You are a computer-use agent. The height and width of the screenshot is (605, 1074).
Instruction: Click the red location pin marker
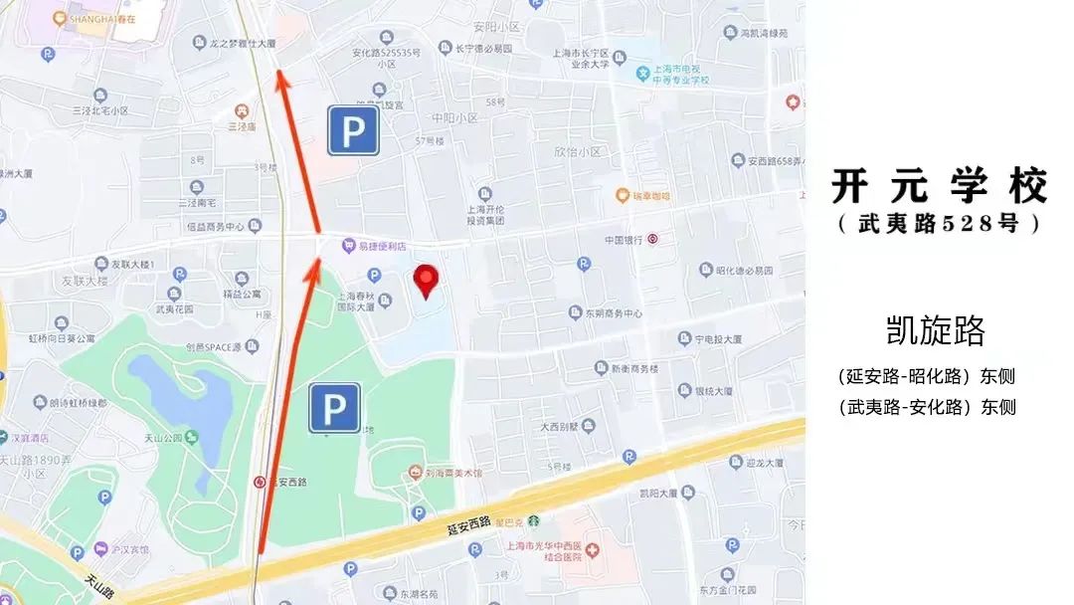click(x=427, y=281)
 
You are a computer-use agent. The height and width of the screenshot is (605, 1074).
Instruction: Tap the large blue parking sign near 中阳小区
click(x=354, y=130)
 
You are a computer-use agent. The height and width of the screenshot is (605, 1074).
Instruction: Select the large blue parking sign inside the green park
click(x=334, y=408)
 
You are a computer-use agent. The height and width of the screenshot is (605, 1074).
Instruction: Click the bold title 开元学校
click(x=940, y=186)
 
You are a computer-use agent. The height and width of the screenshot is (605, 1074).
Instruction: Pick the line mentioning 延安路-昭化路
click(x=927, y=376)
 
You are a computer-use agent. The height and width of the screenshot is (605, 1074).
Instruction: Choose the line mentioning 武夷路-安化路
click(x=927, y=407)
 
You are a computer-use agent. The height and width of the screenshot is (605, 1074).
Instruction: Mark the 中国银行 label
click(x=626, y=240)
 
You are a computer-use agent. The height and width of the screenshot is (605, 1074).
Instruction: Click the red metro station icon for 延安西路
click(x=261, y=482)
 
